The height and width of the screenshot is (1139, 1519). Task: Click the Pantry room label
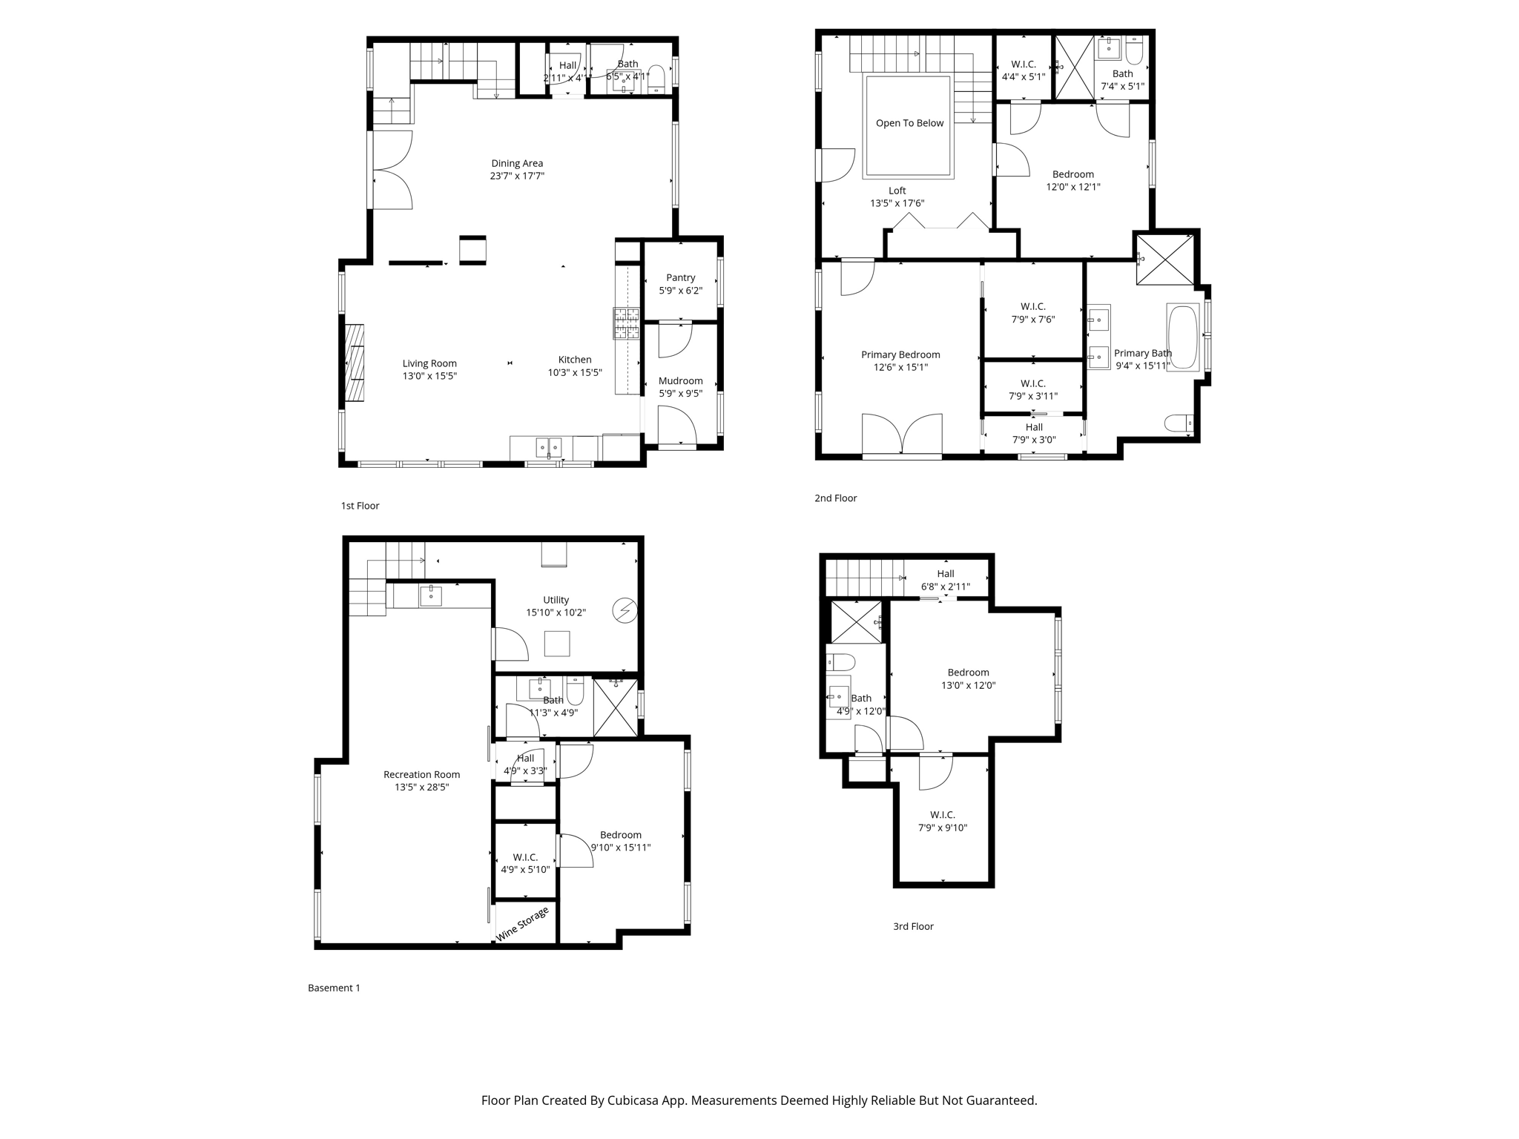[x=680, y=278]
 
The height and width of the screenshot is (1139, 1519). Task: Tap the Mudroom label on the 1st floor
[x=680, y=381]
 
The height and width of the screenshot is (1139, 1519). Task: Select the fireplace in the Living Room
[x=355, y=363]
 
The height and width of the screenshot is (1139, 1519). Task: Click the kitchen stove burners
[x=626, y=323]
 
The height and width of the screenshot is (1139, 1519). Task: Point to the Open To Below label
[x=909, y=123]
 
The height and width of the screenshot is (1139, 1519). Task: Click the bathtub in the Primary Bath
[x=1182, y=337]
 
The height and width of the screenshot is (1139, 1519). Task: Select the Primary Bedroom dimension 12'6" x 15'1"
[x=900, y=367]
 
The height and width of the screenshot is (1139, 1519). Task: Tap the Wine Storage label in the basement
[x=522, y=924]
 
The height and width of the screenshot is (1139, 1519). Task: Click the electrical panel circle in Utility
[x=625, y=610]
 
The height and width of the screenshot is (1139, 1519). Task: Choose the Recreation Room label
[x=421, y=774]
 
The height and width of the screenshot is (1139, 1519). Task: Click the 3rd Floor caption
[x=913, y=926]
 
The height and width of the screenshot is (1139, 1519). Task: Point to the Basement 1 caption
[x=334, y=988]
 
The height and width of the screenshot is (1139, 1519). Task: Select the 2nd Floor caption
[x=835, y=498]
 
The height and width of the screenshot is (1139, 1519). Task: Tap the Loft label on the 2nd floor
[x=897, y=191]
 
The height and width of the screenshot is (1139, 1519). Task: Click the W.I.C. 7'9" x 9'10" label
[x=943, y=822]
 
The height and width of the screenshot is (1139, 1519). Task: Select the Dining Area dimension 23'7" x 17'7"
[x=517, y=176]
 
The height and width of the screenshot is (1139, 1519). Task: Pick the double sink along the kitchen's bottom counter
[x=549, y=447]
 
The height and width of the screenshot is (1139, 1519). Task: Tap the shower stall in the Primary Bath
[x=1165, y=259]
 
